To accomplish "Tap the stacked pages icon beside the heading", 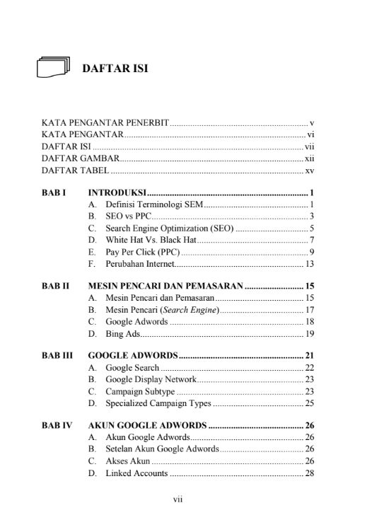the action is [x=53, y=68].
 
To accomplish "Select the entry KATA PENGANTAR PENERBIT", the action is [x=105, y=122].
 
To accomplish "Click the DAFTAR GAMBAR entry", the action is [x=80, y=158].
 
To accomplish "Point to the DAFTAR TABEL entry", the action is [x=75, y=170].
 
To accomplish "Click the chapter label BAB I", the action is [x=54, y=192].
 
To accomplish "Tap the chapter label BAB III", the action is [x=57, y=355].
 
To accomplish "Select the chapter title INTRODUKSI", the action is [x=117, y=192].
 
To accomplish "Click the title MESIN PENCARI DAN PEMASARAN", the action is [x=165, y=286].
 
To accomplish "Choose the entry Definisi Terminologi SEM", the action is [x=153, y=204].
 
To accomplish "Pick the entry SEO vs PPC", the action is [x=128, y=216].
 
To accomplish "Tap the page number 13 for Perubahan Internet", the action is [x=309, y=264].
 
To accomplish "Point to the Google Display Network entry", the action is [x=151, y=378].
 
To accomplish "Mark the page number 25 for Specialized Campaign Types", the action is [x=309, y=403].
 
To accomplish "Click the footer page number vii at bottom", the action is [x=178, y=499].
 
